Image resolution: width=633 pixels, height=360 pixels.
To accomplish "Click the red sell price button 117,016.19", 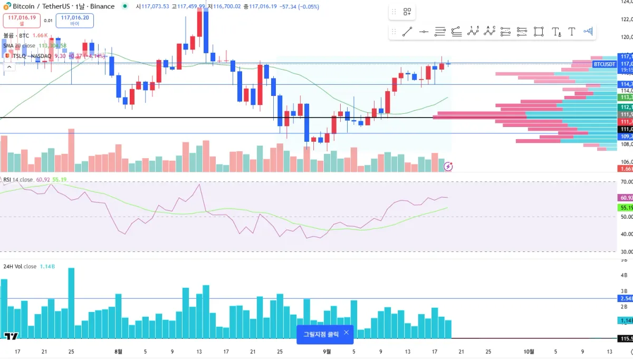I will pos(22,20).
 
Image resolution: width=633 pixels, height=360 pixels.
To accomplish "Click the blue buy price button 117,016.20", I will pos(74,20).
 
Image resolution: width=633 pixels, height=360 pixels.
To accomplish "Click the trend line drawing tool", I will pos(407,32).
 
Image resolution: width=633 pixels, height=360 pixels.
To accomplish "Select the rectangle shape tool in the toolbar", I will pos(539,32).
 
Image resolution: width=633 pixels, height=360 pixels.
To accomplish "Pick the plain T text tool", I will pos(572,32).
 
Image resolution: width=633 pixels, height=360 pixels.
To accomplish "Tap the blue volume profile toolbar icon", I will pos(588,32).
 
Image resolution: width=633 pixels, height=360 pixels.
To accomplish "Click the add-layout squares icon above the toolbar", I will pos(407,12).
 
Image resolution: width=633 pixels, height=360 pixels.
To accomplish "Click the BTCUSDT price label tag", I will pos(604,64).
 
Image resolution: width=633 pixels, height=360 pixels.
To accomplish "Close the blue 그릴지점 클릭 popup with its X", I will pos(346,333).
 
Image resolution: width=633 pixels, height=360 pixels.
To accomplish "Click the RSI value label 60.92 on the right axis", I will pos(625,198).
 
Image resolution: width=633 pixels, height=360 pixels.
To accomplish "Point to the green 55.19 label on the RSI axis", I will pos(625,208).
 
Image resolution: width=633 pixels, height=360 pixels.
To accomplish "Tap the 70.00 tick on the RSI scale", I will pos(626,182).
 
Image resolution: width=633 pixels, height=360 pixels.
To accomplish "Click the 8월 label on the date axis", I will pos(118,352).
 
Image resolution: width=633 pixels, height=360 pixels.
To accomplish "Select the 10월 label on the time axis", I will pos(529,352).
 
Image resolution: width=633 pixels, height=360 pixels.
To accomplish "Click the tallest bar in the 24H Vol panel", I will pos(71,303).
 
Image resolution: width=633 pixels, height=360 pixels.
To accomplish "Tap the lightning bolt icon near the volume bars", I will pos(448,167).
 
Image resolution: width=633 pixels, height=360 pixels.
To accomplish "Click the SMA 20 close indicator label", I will pos(19,46).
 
